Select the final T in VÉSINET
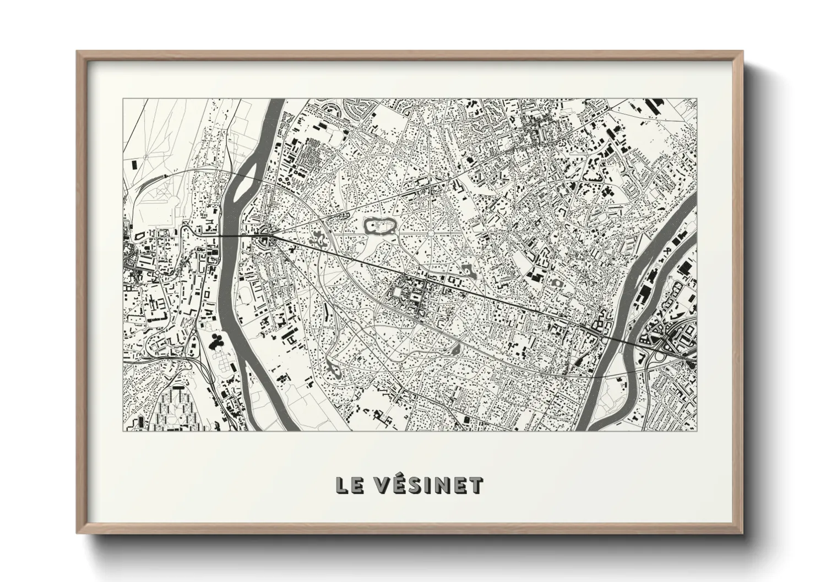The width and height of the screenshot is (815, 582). coord(476,485)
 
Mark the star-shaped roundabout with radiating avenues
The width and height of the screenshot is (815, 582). coord(430,234)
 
